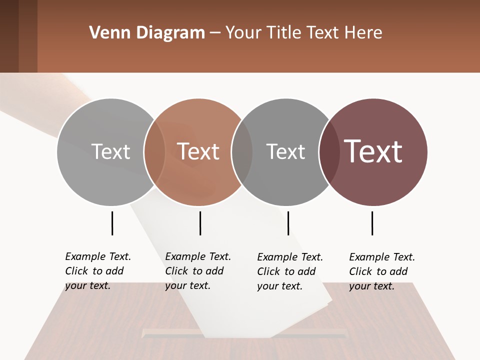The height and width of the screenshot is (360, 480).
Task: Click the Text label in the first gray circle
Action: coord(110,151)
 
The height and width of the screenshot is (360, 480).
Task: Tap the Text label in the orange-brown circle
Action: coord(198,151)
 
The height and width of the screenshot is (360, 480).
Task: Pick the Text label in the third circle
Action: coord(285,151)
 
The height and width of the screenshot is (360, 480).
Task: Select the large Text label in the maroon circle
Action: coord(373,151)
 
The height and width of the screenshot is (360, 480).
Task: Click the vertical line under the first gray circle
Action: coord(112,223)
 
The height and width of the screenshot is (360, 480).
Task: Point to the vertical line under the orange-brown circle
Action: coord(200,223)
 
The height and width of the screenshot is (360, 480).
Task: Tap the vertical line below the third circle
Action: coord(288,223)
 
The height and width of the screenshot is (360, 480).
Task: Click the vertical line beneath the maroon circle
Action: coord(372,223)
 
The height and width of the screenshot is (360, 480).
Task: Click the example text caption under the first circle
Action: coord(97,271)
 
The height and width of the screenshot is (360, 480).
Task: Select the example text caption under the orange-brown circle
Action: coord(197,271)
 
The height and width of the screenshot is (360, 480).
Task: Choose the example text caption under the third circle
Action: coord(289,271)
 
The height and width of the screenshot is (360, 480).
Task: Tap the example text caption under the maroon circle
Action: coord(381,271)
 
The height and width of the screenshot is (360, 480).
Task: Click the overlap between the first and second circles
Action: coord(154,151)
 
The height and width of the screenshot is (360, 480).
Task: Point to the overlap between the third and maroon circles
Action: coord(329,151)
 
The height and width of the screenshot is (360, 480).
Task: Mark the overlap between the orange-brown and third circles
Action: coord(242,151)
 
